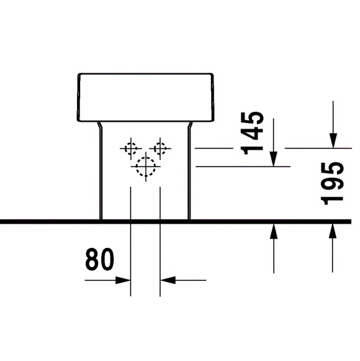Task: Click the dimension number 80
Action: coord(99,259)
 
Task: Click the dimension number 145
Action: coord(252,133)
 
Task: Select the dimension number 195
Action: coord(332,183)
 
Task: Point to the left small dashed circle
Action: coord(126,149)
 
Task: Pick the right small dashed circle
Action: coord(156,149)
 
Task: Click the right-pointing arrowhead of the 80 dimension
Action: coord(123,280)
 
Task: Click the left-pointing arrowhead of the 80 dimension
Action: coord(168,280)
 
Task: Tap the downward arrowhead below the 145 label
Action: coord(274,159)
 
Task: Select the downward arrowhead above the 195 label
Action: coord(333,140)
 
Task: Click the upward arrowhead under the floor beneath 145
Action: coord(274,231)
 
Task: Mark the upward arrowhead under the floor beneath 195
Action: coord(333,231)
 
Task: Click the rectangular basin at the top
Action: coord(145,74)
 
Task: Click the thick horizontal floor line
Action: coord(176,222)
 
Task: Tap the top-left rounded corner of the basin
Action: coord(79,75)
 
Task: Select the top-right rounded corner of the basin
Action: coord(212,75)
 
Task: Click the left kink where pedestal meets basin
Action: coord(99,126)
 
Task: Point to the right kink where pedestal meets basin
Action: coord(190,126)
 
